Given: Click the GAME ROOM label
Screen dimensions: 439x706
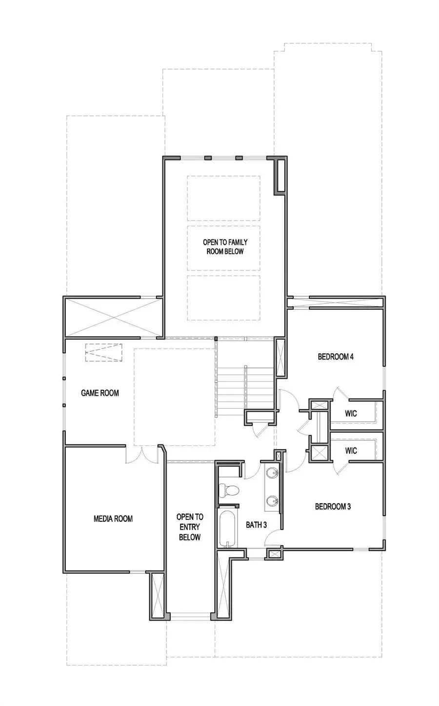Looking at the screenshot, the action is pos(100,393).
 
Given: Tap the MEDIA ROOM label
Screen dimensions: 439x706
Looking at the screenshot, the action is pos(113,518).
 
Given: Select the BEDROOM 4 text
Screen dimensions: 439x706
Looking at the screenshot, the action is pos(336,357).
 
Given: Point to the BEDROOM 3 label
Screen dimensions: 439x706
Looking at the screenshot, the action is pos(333,507).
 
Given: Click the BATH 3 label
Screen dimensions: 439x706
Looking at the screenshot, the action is pos(256,525).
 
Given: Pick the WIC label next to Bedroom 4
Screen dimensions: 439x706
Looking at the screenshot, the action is pos(351,413).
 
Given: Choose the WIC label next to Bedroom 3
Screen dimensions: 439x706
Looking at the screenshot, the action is pos(351,450).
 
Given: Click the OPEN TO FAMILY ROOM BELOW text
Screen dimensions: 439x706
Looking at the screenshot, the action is pos(225,247).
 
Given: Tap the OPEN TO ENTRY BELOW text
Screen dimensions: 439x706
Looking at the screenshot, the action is pos(190,527).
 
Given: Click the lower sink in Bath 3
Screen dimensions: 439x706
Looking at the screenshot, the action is pos(272,500).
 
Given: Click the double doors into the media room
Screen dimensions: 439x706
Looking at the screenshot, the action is pos(142,454).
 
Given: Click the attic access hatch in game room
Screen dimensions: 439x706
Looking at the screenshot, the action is pos(103,353).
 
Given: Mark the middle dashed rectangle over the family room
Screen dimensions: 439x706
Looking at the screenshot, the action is pos(224,248).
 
